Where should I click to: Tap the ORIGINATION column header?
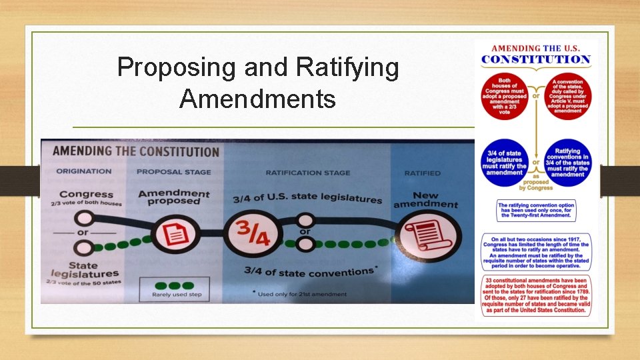[x=84, y=171]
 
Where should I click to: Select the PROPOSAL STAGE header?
[x=173, y=172]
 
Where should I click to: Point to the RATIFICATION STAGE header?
[x=307, y=173]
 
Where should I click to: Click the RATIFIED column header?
[x=422, y=173]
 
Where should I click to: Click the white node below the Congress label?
[x=84, y=218]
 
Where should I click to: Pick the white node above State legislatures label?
[x=84, y=248]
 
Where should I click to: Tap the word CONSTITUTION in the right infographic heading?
[x=536, y=59]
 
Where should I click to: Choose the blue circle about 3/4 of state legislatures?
[x=505, y=162]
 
